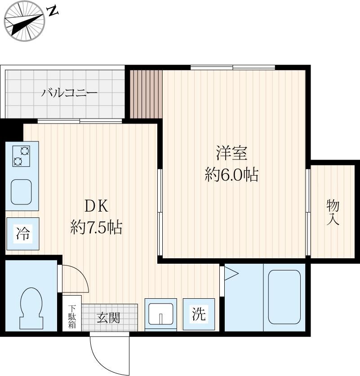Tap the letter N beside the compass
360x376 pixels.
pos(53,11)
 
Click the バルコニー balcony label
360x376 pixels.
pos(70,93)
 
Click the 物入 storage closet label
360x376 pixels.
pos(333,212)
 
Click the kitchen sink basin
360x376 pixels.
pos(21,192)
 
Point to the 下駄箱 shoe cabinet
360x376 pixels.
pos(72,316)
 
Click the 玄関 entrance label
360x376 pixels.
pos(108,318)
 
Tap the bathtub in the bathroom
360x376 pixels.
pos(284,296)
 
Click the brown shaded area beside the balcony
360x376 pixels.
pos(146,93)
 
